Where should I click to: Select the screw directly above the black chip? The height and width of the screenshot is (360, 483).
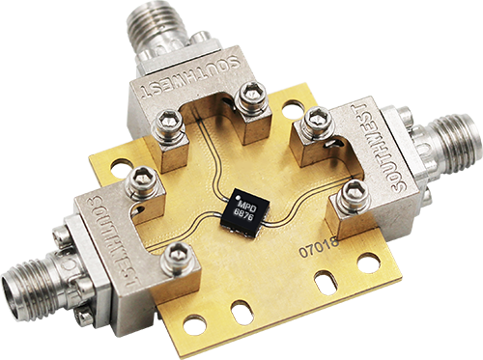(x=251, y=94)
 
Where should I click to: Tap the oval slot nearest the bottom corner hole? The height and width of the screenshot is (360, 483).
(x=242, y=311)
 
